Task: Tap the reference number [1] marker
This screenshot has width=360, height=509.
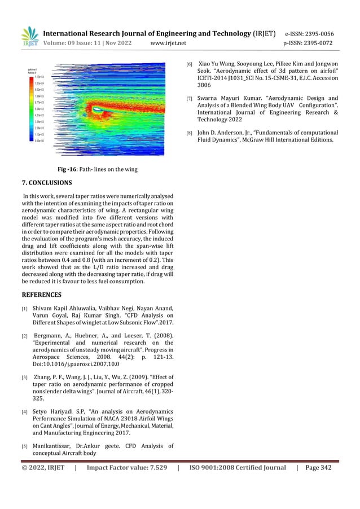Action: (x=24, y=309)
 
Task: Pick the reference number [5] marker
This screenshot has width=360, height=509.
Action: (x=24, y=446)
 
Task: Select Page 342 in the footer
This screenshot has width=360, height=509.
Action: (x=318, y=467)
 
